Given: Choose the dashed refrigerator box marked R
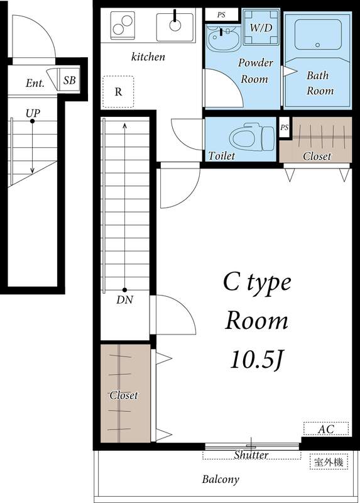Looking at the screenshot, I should click(118, 91).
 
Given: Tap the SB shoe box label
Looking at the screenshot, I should click(70, 80).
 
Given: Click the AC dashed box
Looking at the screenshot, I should click(325, 429).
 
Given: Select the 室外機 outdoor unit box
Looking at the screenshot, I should click(329, 462).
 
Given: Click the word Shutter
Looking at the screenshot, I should click(251, 455).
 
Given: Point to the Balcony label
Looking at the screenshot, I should click(220, 479).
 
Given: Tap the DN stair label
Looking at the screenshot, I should click(124, 300).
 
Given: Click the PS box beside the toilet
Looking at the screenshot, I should click(285, 128).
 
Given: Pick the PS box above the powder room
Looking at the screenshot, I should click(221, 14).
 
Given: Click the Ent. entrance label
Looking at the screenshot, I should click(35, 83).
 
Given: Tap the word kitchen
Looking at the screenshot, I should click(148, 57).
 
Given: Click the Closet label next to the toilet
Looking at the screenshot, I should click(316, 156).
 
